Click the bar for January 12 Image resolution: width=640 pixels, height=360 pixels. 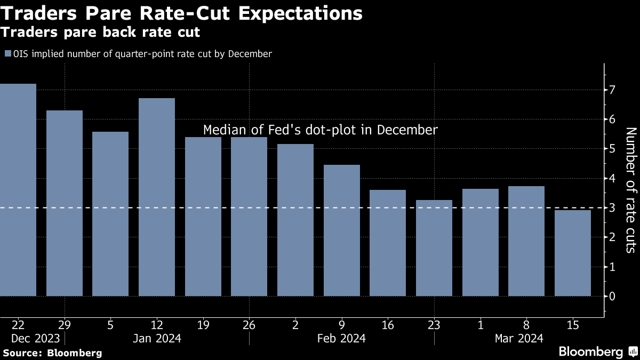[157, 197]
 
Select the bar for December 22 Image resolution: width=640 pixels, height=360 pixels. [18, 190]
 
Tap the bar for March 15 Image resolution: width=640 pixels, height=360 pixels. [573, 253]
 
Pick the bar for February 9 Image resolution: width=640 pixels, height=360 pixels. [342, 230]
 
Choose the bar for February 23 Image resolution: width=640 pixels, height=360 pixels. [434, 248]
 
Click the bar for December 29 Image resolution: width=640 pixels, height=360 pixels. [65, 203]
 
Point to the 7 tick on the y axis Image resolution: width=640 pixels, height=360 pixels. [613, 90]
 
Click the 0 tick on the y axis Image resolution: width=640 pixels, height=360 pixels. [613, 296]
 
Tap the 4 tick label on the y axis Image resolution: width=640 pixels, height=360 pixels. [613, 178]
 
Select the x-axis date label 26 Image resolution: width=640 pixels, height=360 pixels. [249, 324]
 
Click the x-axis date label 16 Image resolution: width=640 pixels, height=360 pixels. [388, 324]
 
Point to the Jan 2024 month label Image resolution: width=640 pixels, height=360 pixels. [157, 338]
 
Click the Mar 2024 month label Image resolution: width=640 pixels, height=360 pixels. [519, 338]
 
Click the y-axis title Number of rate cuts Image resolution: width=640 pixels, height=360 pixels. [630, 190]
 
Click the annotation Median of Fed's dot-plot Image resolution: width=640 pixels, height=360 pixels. [321, 130]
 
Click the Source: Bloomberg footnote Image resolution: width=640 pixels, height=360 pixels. [52, 353]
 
